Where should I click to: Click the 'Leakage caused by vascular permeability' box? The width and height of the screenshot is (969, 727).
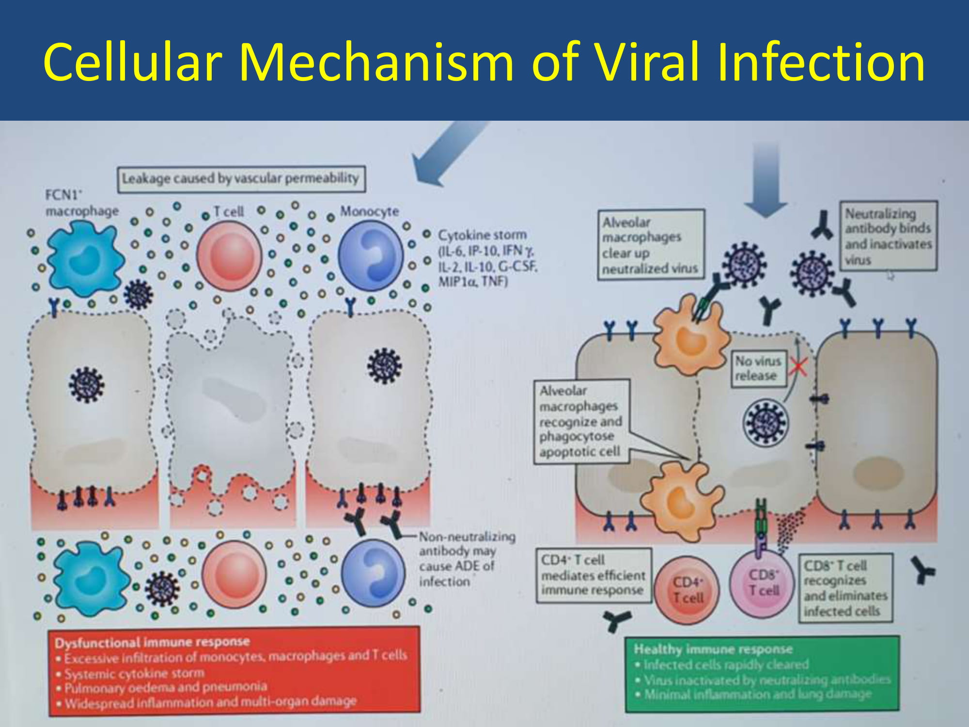click(241, 179)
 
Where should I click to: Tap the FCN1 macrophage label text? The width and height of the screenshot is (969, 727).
click(81, 203)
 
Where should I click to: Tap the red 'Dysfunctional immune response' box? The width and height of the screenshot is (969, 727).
click(234, 670)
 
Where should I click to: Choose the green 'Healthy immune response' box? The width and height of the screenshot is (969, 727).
click(762, 674)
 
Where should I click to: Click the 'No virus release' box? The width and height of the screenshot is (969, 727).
click(758, 368)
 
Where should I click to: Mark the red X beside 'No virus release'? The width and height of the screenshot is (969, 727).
click(797, 367)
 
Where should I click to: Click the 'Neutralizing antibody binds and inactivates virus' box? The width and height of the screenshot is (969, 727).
click(888, 236)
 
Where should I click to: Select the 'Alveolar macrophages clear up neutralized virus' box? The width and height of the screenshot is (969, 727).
click(650, 245)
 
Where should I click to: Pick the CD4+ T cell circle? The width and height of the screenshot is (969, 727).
click(687, 590)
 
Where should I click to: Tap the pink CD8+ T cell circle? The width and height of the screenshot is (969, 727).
click(763, 584)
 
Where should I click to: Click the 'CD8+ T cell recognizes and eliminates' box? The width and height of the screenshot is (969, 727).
click(845, 587)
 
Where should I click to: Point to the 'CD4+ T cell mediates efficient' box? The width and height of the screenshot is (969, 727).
click(593, 575)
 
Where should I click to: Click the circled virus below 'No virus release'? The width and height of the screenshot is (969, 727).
click(766, 422)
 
